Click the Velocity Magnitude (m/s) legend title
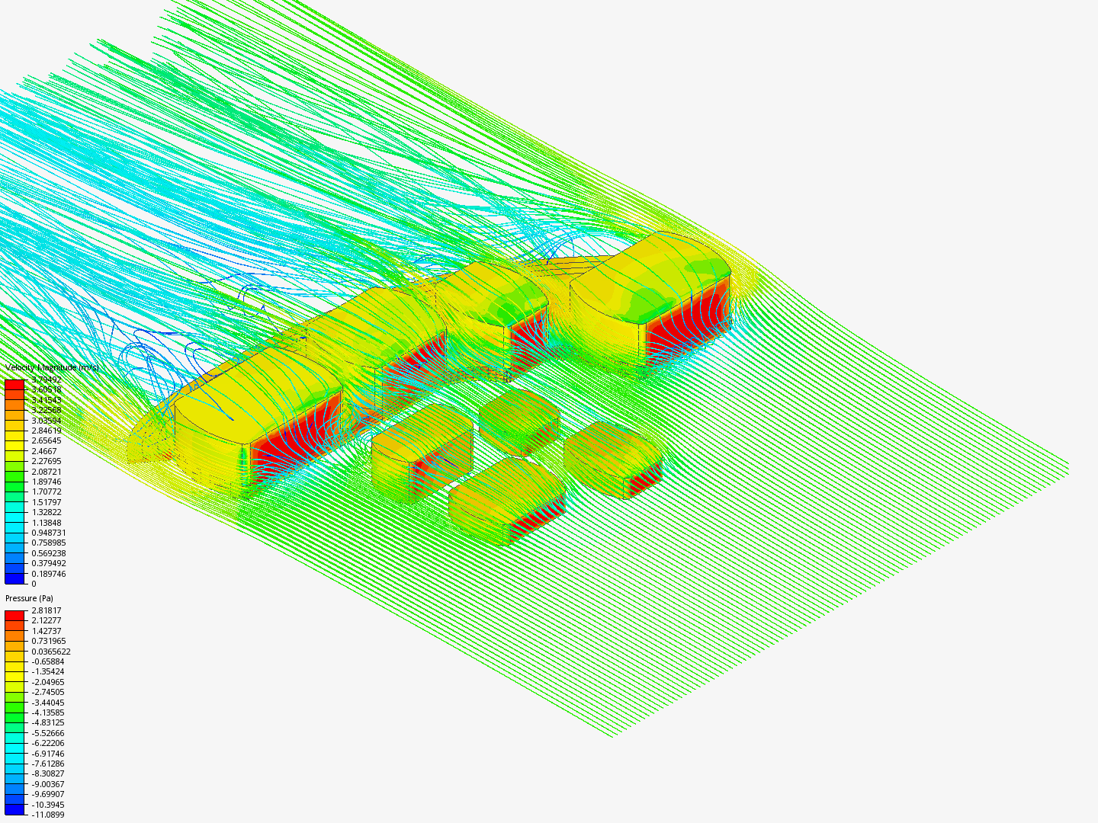(52, 368)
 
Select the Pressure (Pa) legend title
(29, 598)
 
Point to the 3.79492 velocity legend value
(46, 379)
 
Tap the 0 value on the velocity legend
(34, 584)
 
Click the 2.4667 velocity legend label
(43, 451)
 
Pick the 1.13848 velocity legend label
(46, 523)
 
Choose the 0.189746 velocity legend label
(48, 574)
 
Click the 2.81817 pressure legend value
(46, 610)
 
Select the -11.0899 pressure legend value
(47, 815)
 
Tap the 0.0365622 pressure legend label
(50, 652)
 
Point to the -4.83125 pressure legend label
(47, 722)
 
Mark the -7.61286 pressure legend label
(47, 764)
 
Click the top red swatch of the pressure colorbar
(14, 614)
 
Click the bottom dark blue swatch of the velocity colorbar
(14, 578)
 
